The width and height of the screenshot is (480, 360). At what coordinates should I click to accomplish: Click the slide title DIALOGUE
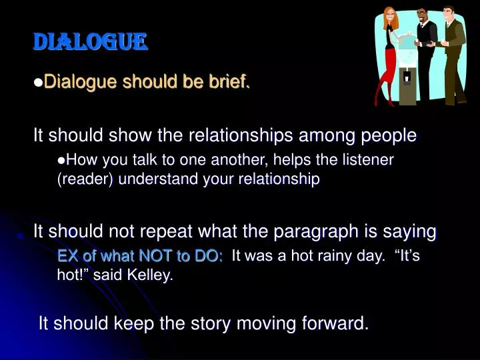coord(90,43)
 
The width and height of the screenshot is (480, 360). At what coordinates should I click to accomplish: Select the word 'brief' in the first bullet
coord(231,82)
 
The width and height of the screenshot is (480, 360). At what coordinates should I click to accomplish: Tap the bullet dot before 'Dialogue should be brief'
coord(38,82)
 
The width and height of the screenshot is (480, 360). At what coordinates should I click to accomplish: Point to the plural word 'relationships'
coord(235,136)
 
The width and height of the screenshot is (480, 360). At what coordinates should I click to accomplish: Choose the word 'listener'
coord(371,160)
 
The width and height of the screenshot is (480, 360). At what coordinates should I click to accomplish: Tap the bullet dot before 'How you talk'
coord(62,160)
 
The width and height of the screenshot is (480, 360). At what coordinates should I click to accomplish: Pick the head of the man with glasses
coord(421,15)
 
